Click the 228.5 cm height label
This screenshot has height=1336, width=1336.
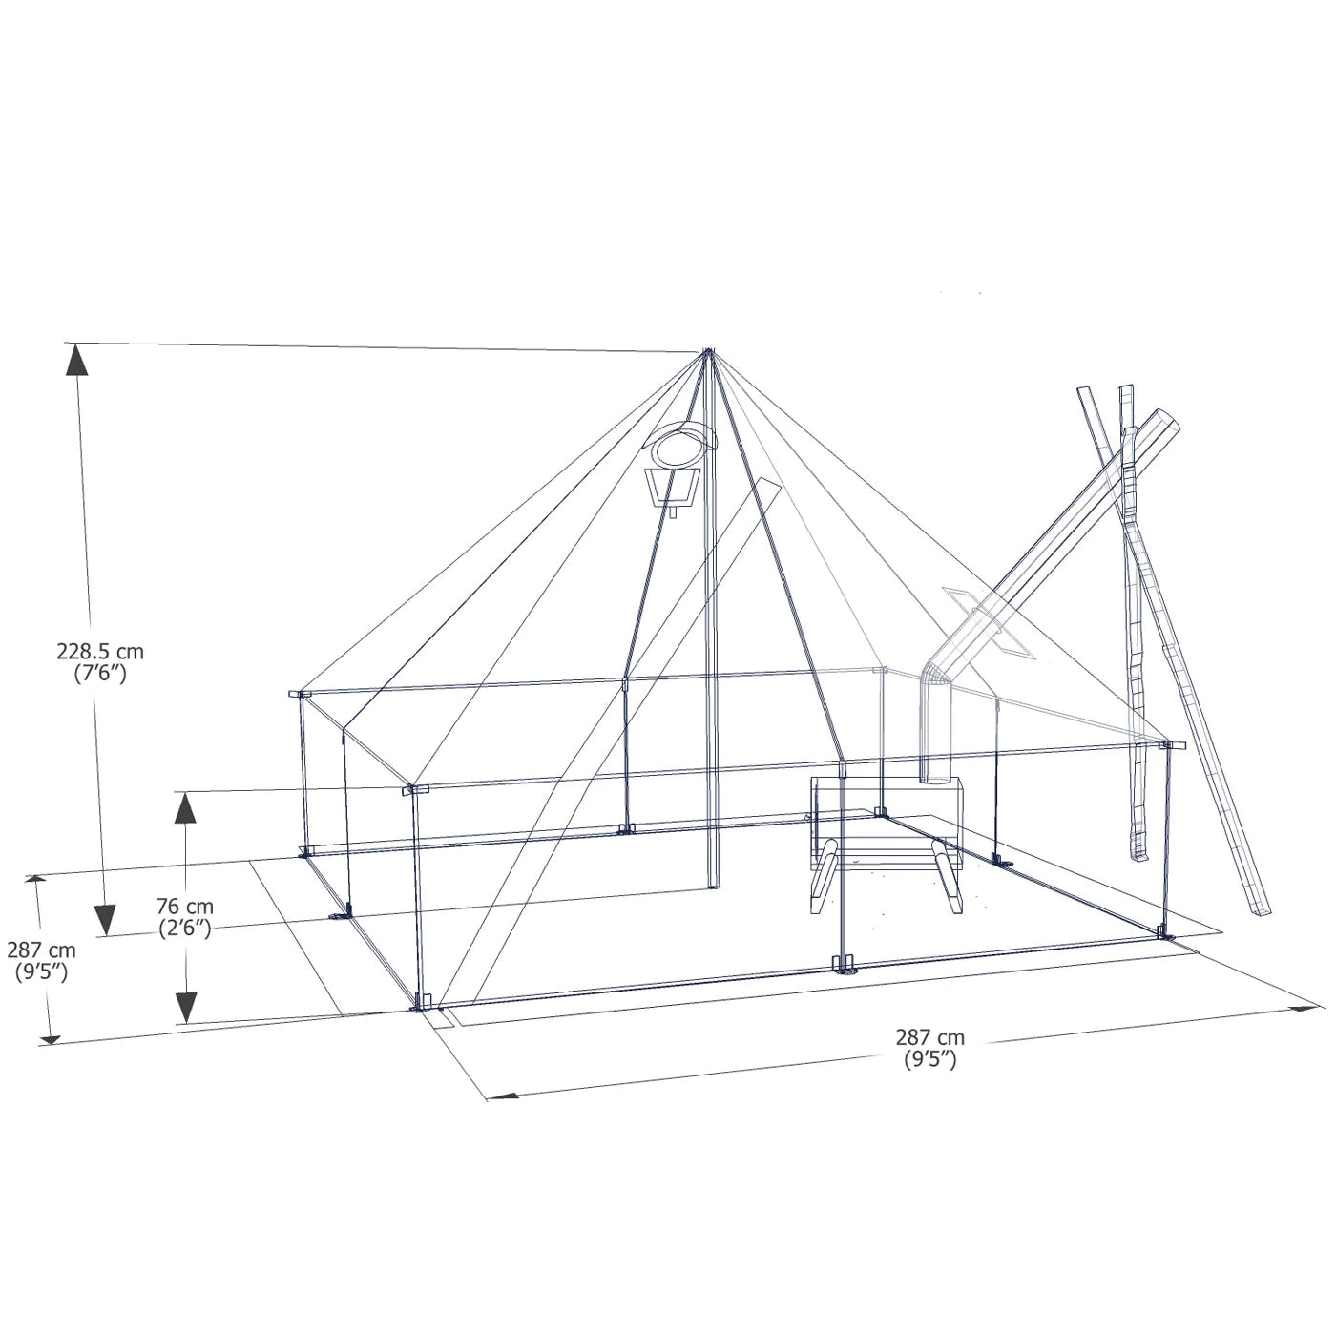pos(100,652)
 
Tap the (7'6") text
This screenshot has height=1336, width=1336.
pos(100,673)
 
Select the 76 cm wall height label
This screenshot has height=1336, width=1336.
pos(184,907)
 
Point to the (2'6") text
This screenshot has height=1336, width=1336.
pos(184,928)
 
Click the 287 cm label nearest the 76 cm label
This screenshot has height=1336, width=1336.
pos(41,950)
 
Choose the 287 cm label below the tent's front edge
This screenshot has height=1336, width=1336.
pos(929,1037)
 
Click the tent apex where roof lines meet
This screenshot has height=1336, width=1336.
pos(708,353)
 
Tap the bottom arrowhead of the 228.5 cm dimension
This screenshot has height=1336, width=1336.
pos(104,920)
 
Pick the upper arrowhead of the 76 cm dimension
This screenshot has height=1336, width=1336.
pos(184,807)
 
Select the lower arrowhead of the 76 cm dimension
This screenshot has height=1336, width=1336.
pos(185,1007)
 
